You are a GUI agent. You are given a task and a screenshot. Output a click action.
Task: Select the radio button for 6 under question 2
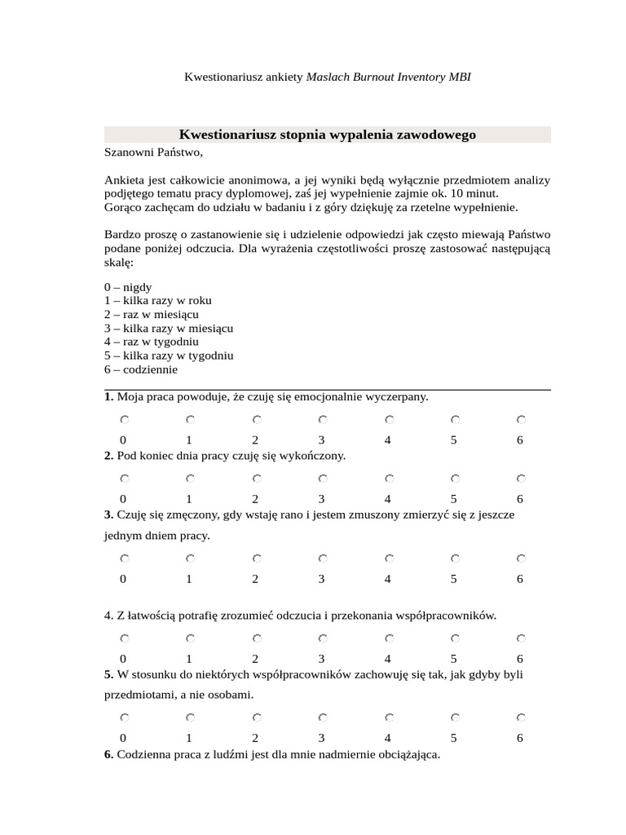click(520, 478)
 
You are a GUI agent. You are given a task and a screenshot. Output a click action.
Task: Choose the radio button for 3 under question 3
click(322, 559)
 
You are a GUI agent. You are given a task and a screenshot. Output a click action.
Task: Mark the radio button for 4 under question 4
click(389, 638)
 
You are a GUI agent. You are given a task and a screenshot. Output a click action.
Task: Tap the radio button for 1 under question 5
click(189, 718)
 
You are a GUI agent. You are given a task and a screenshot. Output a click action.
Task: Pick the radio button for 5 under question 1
click(455, 419)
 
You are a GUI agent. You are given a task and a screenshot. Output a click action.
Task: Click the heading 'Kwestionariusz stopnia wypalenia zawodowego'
click(327, 135)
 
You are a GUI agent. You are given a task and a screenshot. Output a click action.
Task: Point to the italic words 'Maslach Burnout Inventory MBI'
click(388, 77)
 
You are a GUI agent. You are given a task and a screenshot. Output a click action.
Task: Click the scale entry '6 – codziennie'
click(141, 369)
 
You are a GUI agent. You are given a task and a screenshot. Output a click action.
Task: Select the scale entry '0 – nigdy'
click(128, 287)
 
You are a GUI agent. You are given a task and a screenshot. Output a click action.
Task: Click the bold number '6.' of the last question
click(109, 755)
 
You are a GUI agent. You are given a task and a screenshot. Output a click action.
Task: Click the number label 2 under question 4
click(255, 659)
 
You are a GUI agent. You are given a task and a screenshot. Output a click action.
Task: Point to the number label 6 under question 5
click(519, 739)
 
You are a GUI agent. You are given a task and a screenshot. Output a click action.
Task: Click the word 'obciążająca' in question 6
click(408, 755)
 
